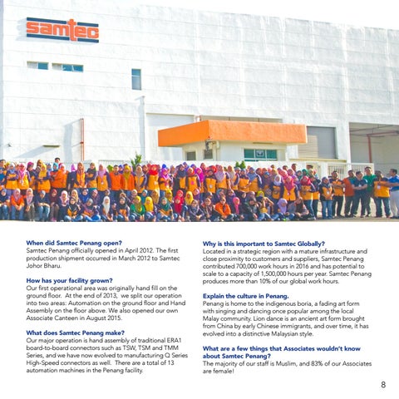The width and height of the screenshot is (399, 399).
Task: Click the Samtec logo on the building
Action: click(x=62, y=30)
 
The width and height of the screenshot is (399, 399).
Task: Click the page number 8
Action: click(x=383, y=385)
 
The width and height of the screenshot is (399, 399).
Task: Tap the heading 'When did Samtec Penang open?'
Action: click(x=74, y=244)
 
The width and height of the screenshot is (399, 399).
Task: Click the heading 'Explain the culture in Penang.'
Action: click(x=246, y=296)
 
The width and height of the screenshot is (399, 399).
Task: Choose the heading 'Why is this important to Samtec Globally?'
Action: click(x=264, y=244)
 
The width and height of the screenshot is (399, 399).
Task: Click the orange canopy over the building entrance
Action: click(x=219, y=131)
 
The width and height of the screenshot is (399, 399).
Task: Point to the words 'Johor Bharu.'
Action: click(x=47, y=266)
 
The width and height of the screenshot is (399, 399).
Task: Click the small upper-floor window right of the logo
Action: click(x=136, y=78)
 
